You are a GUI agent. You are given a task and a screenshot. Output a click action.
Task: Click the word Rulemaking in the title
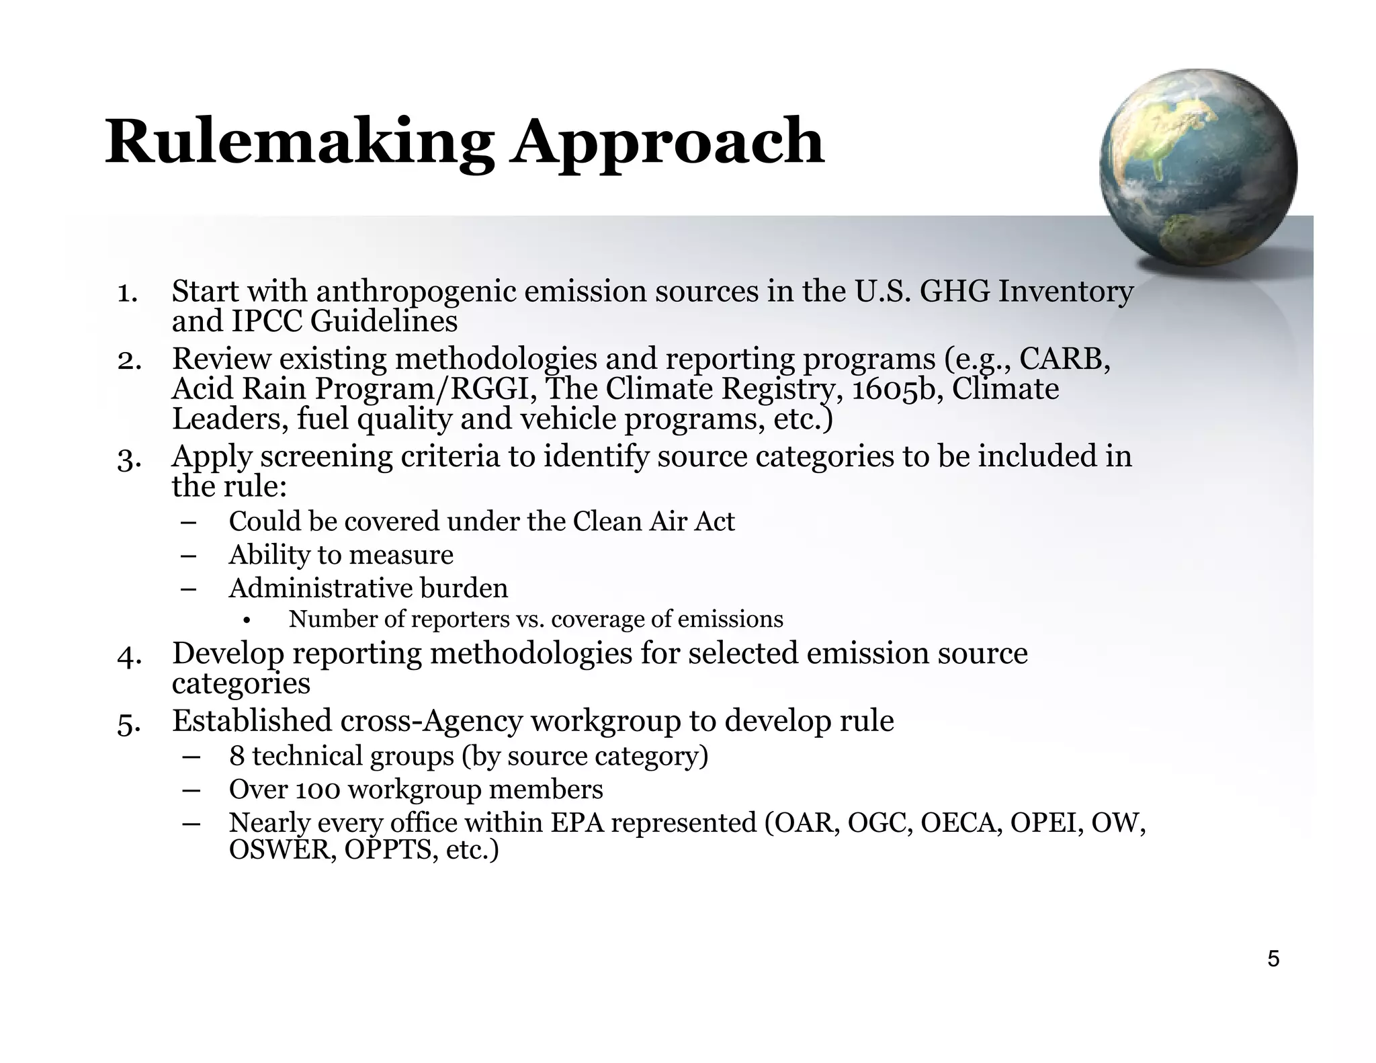[x=299, y=142]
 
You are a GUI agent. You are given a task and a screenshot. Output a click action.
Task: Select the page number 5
[x=1273, y=959]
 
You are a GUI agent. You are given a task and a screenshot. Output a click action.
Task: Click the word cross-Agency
[x=431, y=722]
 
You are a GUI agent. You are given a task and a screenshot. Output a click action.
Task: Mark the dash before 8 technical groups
[x=191, y=757]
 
